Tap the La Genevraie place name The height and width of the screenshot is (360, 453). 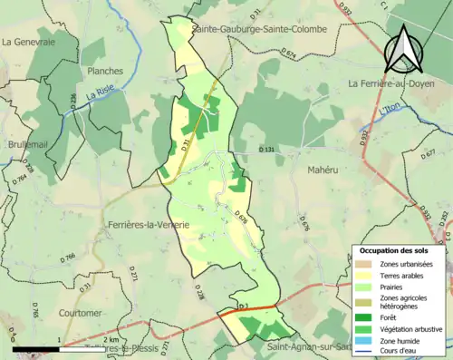click(x=29, y=41)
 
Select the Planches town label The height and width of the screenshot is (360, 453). click(x=105, y=69)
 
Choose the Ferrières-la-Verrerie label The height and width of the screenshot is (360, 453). click(x=148, y=224)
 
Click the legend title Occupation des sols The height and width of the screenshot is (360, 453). click(x=395, y=249)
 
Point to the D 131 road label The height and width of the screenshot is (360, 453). click(x=265, y=149)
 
